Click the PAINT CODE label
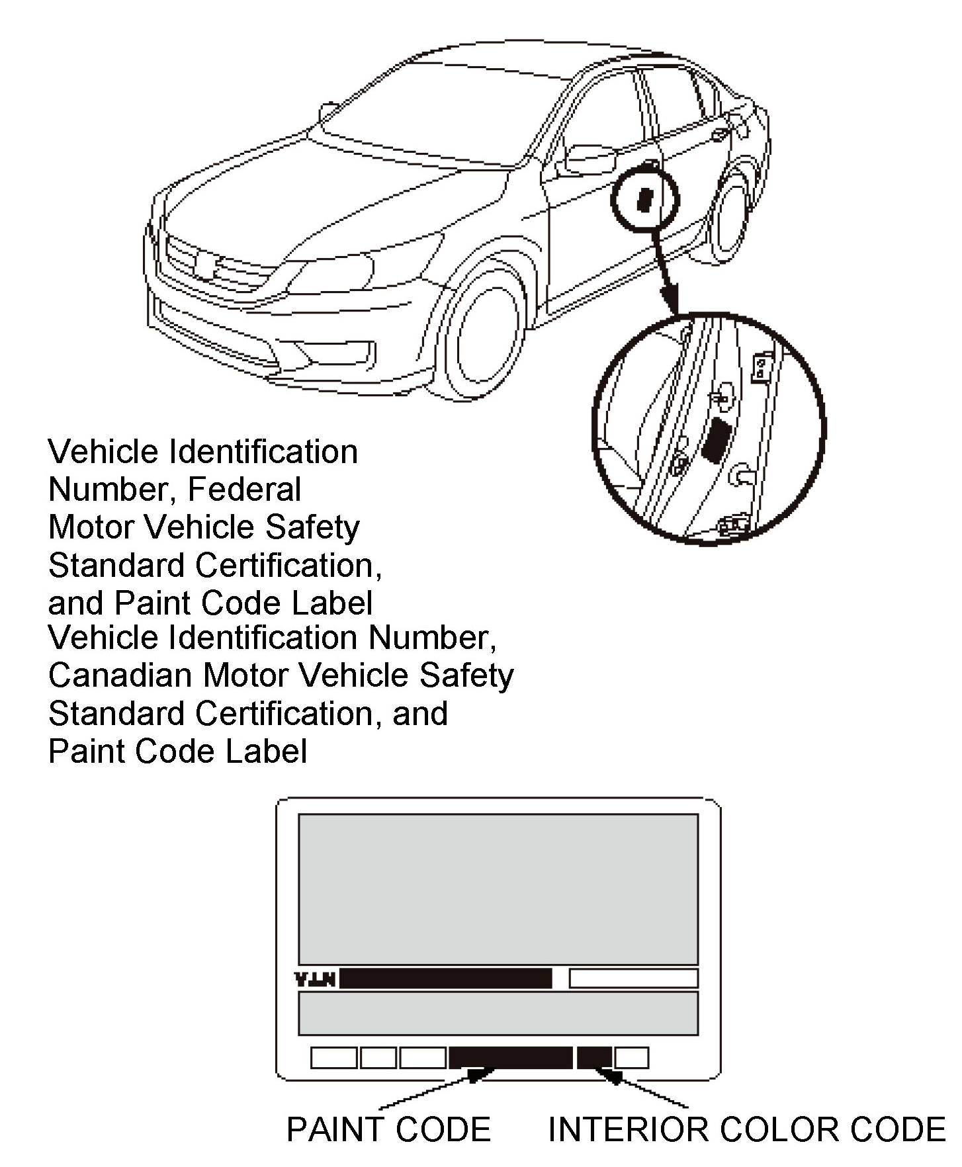(x=388, y=1129)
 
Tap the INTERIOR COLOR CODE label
(x=747, y=1129)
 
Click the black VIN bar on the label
(x=445, y=978)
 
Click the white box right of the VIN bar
(x=633, y=978)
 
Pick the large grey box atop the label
(x=498, y=889)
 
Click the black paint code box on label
(x=510, y=1057)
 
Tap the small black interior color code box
(x=593, y=1057)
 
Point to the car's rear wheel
(x=731, y=215)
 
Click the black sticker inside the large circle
(x=715, y=440)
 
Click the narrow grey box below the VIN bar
(x=498, y=1013)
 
